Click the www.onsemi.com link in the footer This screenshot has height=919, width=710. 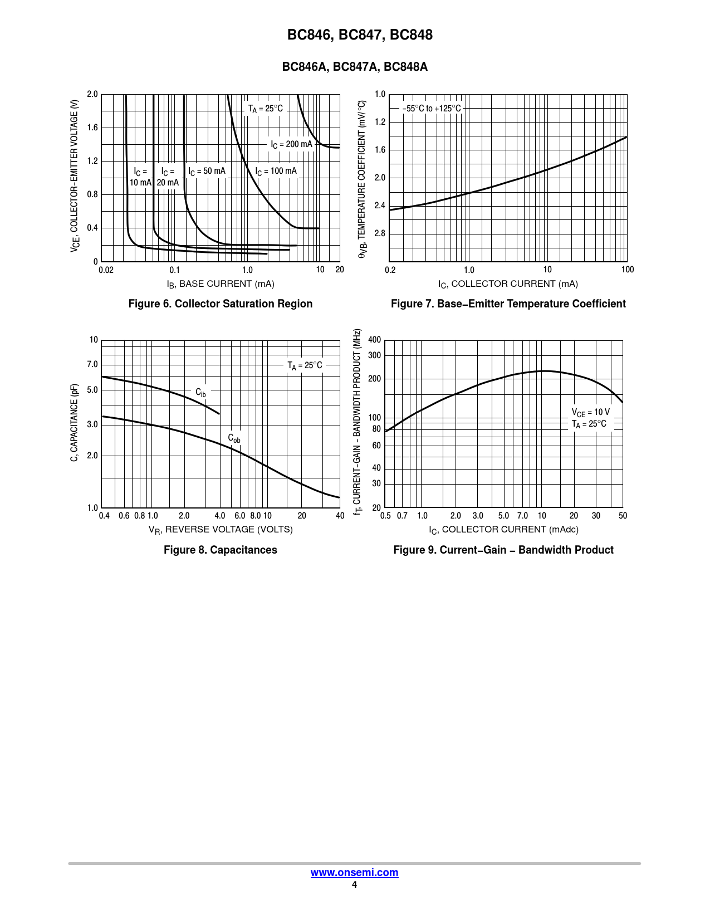point(354,873)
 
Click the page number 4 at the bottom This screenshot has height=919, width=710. point(354,885)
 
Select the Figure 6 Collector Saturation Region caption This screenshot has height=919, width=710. point(220,304)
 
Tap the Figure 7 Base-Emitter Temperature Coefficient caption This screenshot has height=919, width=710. point(508,304)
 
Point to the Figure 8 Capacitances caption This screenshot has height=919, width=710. point(220,550)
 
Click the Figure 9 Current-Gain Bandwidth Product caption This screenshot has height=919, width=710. point(503,550)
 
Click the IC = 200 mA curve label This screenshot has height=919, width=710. point(291,144)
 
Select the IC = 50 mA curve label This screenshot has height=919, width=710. point(207,171)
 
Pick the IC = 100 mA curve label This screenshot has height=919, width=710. point(276,171)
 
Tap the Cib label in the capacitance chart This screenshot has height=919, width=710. point(200,393)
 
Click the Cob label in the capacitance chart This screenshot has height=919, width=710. point(234,438)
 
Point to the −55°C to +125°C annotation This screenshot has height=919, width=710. point(432,109)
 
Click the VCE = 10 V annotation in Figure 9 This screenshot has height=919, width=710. point(590,412)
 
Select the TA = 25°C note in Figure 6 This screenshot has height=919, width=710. point(265,109)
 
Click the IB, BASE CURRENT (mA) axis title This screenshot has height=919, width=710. point(221,284)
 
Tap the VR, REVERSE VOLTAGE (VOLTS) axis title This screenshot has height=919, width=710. point(221,530)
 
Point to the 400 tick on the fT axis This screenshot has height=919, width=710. point(375,340)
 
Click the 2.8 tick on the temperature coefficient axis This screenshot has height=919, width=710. point(380,233)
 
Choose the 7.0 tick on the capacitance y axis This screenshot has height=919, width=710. point(92,364)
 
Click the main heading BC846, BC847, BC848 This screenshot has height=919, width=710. point(360,35)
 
